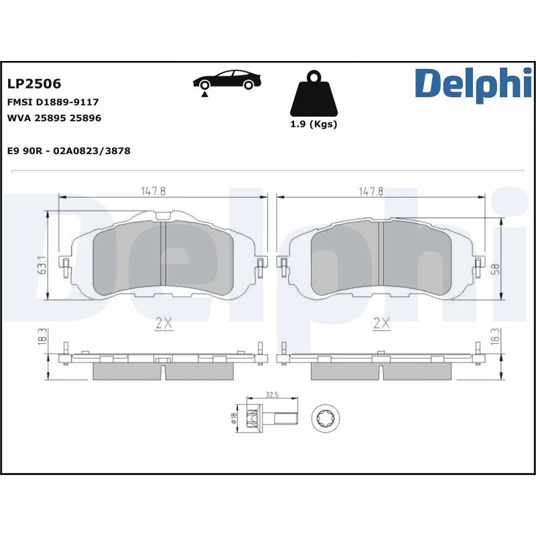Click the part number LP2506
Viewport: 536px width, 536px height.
point(34,84)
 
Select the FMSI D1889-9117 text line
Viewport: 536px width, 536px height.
point(53,102)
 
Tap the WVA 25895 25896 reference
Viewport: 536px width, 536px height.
point(54,118)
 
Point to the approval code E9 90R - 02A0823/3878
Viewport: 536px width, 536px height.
point(69,151)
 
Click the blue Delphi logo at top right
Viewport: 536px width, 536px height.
point(474,85)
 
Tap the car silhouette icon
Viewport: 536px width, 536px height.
point(227,80)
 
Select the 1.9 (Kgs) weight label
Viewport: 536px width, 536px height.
point(314,124)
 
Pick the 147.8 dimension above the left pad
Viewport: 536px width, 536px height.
point(153,191)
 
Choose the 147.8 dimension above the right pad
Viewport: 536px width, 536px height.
point(371,191)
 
